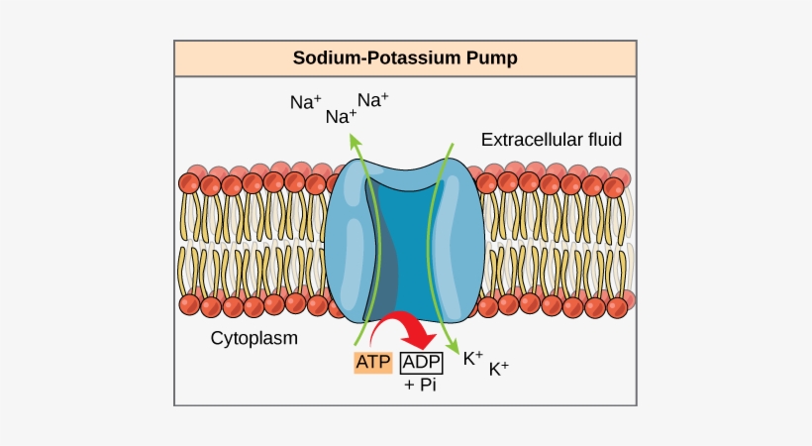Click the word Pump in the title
(491, 58)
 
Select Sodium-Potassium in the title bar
(376, 58)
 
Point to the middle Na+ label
(341, 117)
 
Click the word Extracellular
(530, 140)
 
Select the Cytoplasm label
(254, 338)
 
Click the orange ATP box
(373, 362)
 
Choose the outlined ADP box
(421, 362)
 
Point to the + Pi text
(420, 385)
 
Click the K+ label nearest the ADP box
(473, 358)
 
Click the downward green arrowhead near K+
(455, 349)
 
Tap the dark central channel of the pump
(401, 248)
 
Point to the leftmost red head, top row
(189, 183)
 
